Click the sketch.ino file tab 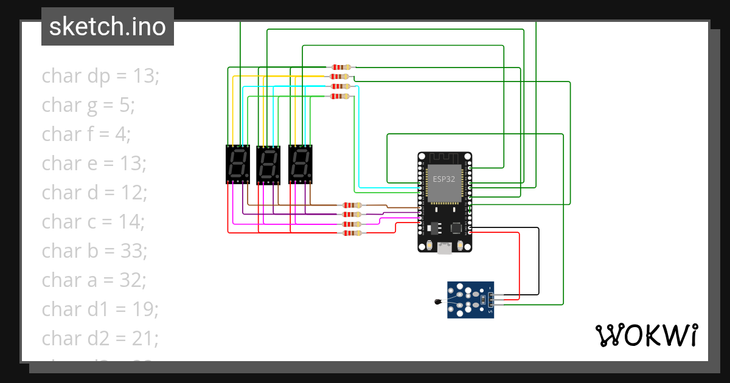pyautogui.click(x=107, y=27)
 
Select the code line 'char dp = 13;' pyautogui.click(x=100, y=76)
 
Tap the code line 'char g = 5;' pyautogui.click(x=88, y=105)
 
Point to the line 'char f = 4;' pyautogui.click(x=86, y=134)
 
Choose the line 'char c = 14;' pyautogui.click(x=93, y=222)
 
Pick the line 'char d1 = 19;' pyautogui.click(x=100, y=309)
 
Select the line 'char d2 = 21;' pyautogui.click(x=100, y=339)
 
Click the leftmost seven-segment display pyautogui.click(x=238, y=164)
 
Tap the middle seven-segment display pyautogui.click(x=269, y=164)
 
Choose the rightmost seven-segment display pyautogui.click(x=301, y=164)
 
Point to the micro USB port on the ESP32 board pyautogui.click(x=445, y=247)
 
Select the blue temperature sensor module pyautogui.click(x=470, y=299)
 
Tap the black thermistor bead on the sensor pyautogui.click(x=437, y=302)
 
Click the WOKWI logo pyautogui.click(x=645, y=335)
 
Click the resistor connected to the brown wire pyautogui.click(x=351, y=205)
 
